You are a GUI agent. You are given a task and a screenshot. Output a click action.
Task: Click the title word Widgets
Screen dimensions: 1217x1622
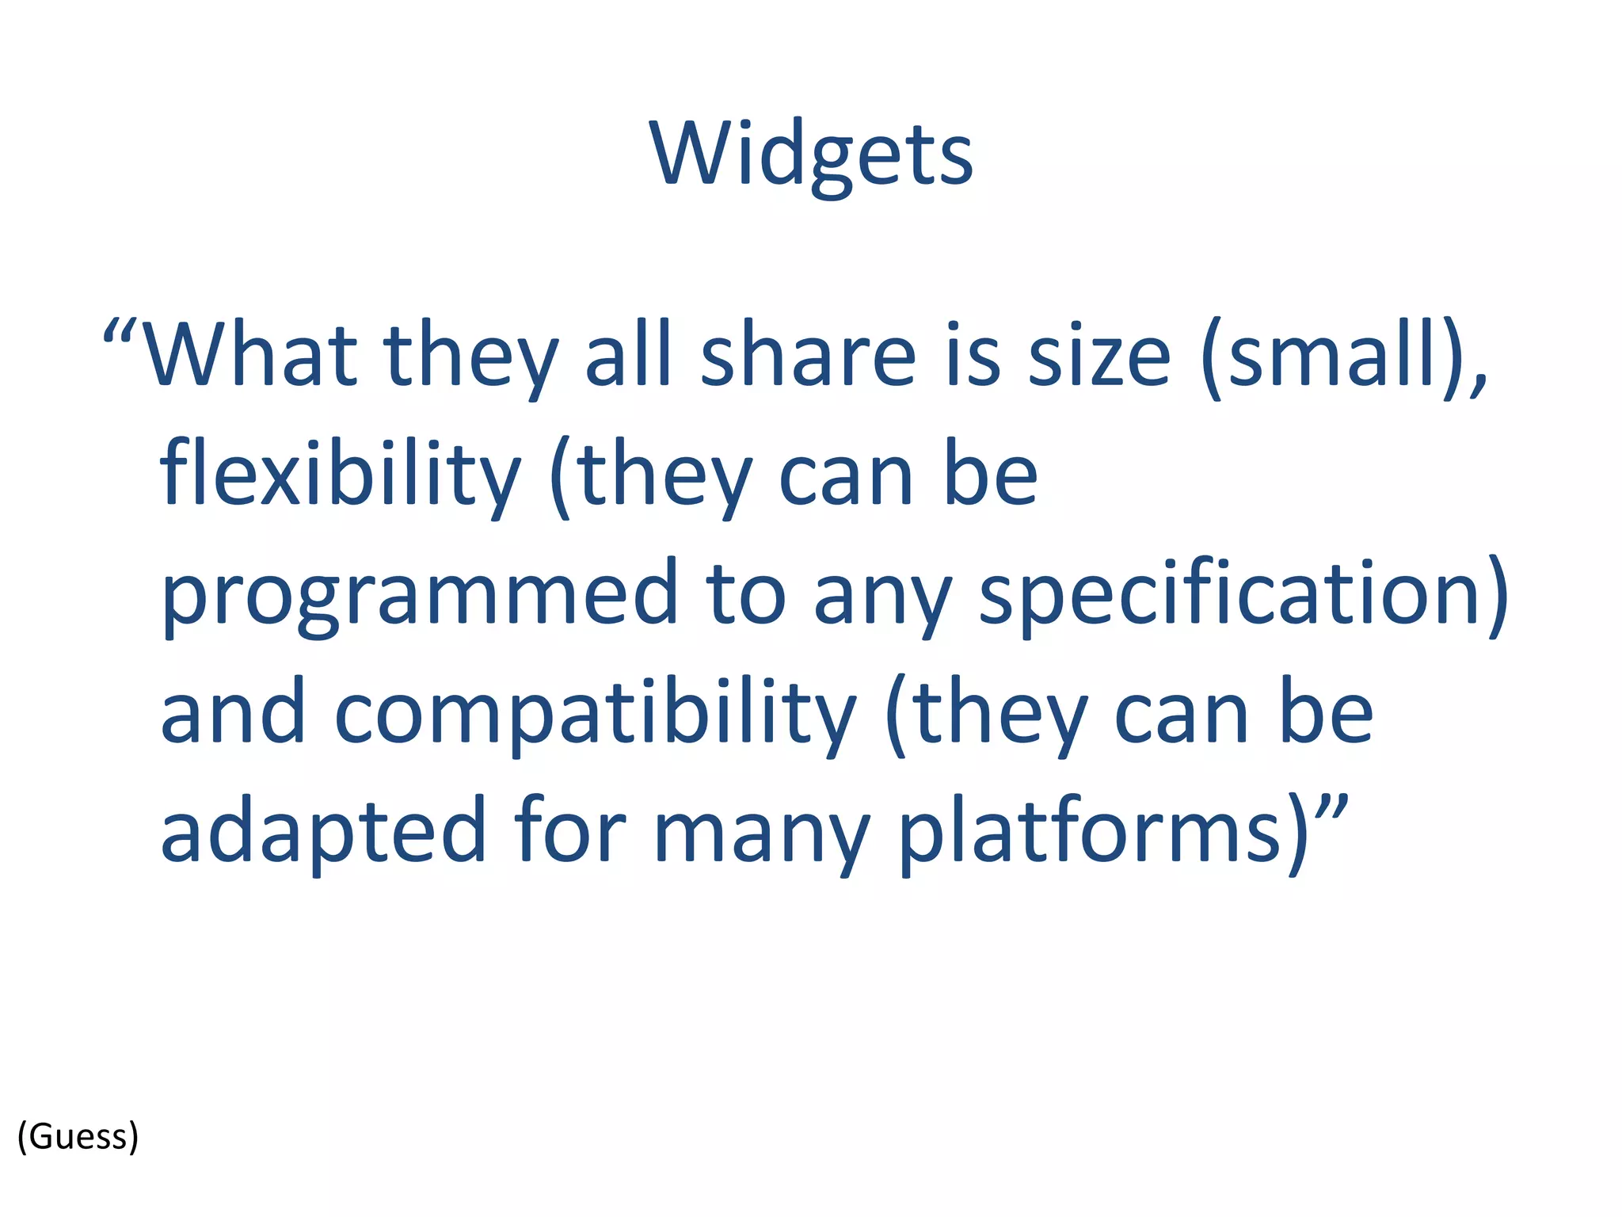[x=811, y=155]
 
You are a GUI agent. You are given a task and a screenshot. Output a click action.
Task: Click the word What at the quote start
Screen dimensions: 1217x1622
[x=250, y=355]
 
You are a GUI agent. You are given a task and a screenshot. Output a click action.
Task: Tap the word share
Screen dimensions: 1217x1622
[x=808, y=355]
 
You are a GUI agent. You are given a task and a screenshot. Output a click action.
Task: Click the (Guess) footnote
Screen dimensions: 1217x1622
[x=78, y=1136]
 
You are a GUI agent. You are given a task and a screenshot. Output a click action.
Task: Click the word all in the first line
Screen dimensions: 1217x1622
[x=629, y=355]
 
